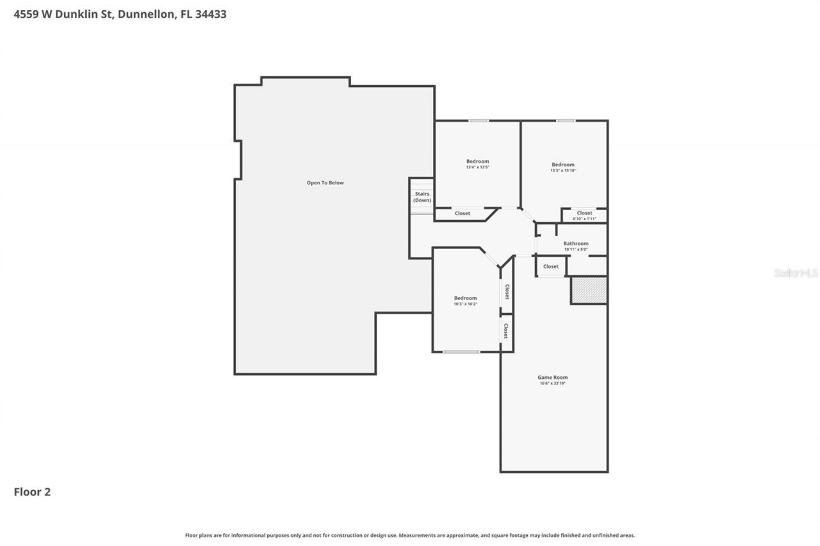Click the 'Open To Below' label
[325, 183]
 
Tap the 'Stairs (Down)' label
[422, 197]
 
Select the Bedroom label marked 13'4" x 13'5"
[477, 161]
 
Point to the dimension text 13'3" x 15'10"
[563, 171]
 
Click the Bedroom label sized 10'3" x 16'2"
[465, 298]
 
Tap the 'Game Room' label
[552, 378]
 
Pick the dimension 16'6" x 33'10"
[552, 383]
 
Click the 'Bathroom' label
[575, 243]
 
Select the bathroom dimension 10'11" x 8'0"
[575, 249]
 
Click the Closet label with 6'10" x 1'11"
[584, 213]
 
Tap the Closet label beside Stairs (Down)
[462, 213]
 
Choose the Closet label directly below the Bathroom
[550, 266]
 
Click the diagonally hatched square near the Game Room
[589, 290]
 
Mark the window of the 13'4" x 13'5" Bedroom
[478, 120]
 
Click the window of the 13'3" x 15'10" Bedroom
[565, 120]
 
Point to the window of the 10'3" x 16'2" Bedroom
[461, 351]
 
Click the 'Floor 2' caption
[32, 492]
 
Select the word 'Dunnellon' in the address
[147, 14]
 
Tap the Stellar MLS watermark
[796, 273]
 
